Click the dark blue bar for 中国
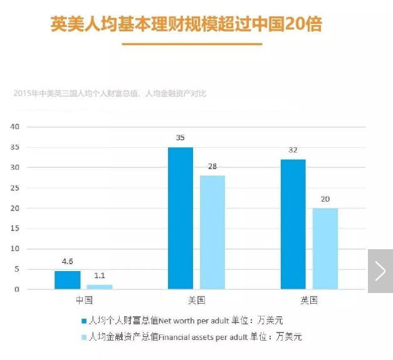coord(68,280)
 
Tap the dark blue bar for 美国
coord(181,218)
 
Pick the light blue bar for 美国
coord(212,232)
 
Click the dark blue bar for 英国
coord(293,224)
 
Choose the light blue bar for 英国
coord(325,249)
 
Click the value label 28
coord(212,167)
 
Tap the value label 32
coord(293,151)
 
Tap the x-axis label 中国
coord(83,301)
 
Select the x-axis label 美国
coord(196,301)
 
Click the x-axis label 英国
coord(309,301)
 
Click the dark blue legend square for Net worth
coord(83,321)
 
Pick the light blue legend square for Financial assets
coord(83,337)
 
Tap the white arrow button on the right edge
coord(380,271)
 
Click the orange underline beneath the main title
coord(192,44)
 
